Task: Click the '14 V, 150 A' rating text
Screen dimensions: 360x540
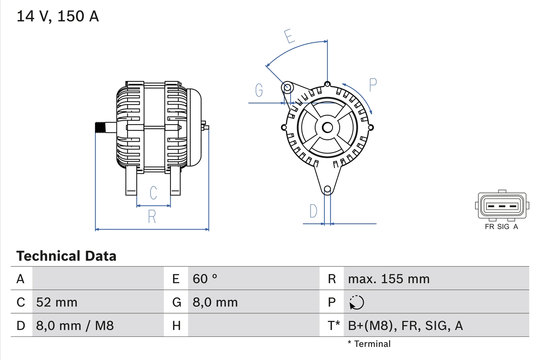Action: (x=58, y=16)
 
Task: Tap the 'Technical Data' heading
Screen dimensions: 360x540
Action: (x=66, y=256)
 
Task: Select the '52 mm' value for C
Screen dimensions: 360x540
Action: (x=57, y=302)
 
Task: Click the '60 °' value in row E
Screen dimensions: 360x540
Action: (x=205, y=279)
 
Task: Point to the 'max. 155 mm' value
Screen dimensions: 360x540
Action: (x=389, y=279)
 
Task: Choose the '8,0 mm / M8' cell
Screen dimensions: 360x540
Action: (x=75, y=325)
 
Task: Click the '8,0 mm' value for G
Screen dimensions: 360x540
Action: (x=215, y=302)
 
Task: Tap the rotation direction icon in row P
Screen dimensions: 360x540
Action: (x=356, y=302)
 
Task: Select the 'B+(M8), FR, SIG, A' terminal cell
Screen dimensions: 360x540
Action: (x=405, y=325)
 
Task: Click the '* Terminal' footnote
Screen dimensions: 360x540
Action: (x=369, y=344)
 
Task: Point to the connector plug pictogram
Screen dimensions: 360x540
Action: (x=502, y=206)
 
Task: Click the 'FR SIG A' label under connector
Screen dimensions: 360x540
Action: (x=501, y=227)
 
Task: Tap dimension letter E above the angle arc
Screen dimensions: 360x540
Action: (x=289, y=36)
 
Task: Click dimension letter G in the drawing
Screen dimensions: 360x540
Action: (x=259, y=90)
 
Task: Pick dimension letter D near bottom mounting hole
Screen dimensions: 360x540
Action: (x=313, y=211)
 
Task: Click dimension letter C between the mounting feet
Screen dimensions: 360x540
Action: (x=154, y=192)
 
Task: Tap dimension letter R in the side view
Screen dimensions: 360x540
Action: (x=152, y=217)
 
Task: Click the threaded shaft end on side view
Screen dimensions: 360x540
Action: (x=100, y=127)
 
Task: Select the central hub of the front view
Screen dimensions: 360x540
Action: (x=327, y=127)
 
